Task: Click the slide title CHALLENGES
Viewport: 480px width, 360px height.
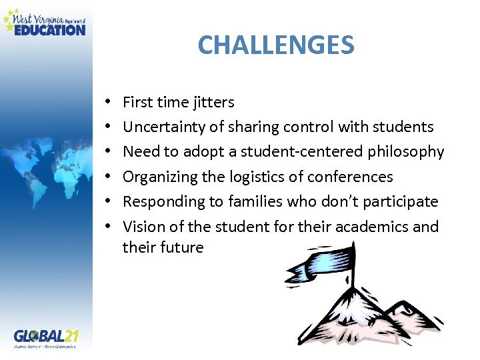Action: [x=276, y=45]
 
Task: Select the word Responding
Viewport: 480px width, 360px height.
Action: [x=160, y=201]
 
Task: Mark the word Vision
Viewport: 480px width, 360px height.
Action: [x=143, y=227]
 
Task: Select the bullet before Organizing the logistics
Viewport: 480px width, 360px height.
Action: [x=107, y=177]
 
